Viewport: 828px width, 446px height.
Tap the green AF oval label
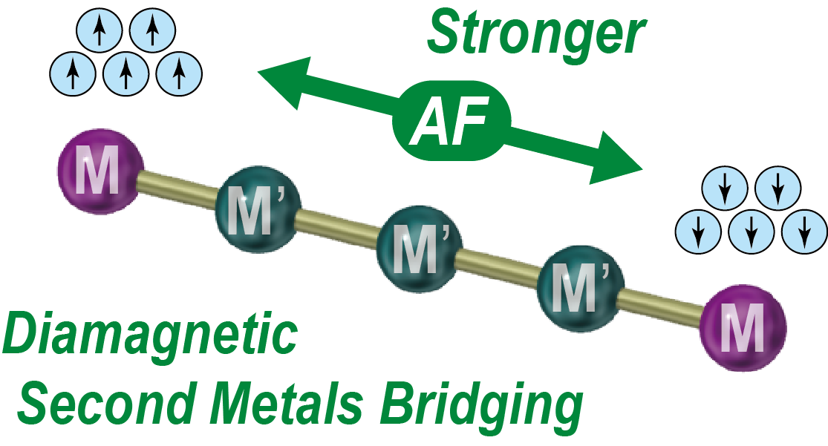coord(452,122)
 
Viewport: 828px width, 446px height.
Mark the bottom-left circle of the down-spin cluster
coord(698,232)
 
